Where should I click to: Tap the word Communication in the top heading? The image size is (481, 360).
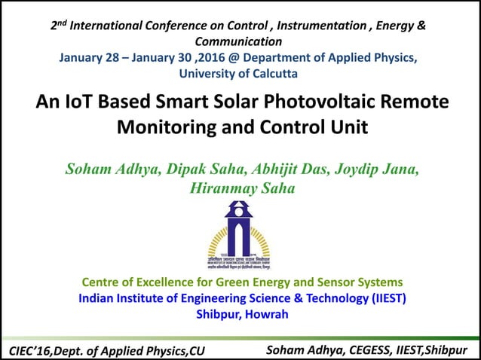click(238, 41)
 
